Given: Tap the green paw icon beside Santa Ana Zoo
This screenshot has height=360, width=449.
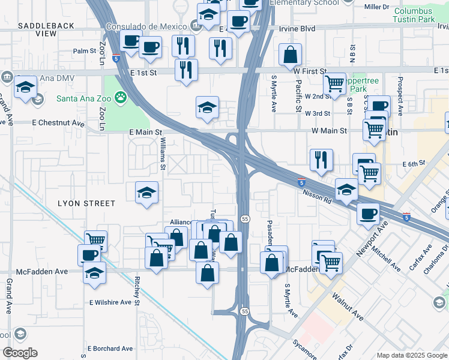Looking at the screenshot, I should tap(121, 97).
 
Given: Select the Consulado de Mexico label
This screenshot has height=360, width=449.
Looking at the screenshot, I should tap(146, 26).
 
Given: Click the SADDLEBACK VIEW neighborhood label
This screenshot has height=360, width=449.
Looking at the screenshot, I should tap(46, 29).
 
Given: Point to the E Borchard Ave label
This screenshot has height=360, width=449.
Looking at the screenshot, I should tap(110, 349).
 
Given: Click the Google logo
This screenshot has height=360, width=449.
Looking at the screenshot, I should tap(20, 353).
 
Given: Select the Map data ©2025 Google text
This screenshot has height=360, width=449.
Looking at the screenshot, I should tap(411, 355).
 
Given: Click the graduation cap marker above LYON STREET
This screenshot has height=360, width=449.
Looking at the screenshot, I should tap(146, 193).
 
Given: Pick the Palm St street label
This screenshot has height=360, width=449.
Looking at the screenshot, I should tap(85, 51).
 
